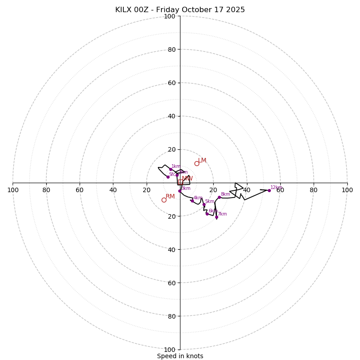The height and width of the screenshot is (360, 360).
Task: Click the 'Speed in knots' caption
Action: (180, 356)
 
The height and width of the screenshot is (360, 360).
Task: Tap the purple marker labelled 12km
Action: (269, 190)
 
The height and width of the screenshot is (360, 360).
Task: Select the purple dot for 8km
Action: (219, 197)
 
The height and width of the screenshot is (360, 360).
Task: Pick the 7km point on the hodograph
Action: (216, 217)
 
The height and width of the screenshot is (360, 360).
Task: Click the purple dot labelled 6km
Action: (207, 214)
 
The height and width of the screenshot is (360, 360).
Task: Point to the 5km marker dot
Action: (204, 204)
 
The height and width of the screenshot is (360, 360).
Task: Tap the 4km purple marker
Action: (192, 201)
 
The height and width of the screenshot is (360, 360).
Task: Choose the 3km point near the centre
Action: (180, 191)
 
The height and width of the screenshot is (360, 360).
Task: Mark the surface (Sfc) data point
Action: (168, 177)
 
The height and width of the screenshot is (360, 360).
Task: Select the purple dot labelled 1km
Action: (171, 169)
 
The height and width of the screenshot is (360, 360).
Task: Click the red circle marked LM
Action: (197, 163)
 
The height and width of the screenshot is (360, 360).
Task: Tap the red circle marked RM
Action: (164, 200)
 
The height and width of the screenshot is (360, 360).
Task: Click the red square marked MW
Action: (180, 182)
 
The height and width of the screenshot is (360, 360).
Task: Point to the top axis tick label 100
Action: (170, 16)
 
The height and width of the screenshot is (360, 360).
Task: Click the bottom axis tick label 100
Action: (170, 350)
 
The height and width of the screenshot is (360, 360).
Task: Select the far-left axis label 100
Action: (13, 190)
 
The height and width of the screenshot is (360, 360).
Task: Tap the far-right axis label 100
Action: (347, 190)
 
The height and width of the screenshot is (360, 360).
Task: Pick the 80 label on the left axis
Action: (46, 190)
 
